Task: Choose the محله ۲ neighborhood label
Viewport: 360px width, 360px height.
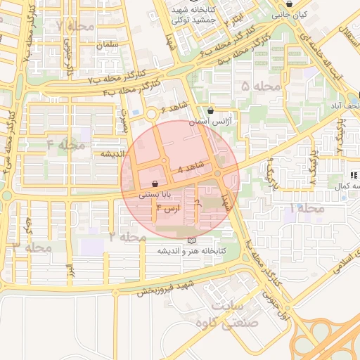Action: coord(128,236)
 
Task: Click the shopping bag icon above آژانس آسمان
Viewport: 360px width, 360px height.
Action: coord(211,110)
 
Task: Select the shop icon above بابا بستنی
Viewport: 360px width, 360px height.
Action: coord(164,184)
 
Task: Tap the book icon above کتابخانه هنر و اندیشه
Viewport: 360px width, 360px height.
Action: coord(191,240)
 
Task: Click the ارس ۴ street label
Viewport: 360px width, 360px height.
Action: coord(168,207)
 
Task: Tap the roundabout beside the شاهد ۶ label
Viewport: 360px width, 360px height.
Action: coord(151,114)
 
